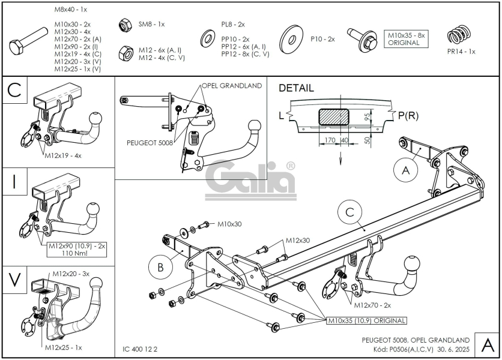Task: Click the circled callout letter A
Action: tap(405, 170)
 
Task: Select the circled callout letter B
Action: tap(160, 267)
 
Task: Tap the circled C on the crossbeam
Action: tap(349, 212)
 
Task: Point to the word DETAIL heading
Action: tap(296, 88)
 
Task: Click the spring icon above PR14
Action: tap(458, 36)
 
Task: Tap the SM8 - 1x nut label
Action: tap(151, 24)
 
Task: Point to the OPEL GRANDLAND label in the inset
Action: tap(232, 86)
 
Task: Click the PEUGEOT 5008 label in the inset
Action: tap(150, 143)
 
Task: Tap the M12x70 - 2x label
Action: tap(372, 305)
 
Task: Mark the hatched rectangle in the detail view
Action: tap(334, 116)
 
